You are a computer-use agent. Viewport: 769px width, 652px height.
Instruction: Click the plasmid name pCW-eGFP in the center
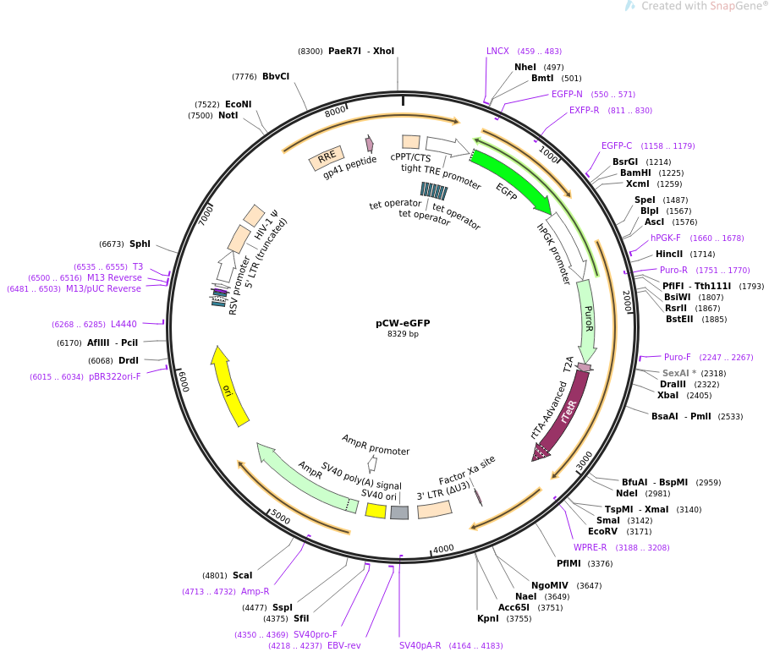(x=403, y=323)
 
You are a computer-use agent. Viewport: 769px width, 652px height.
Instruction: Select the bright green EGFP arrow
(x=513, y=179)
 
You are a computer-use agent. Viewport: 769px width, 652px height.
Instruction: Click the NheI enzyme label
(x=525, y=67)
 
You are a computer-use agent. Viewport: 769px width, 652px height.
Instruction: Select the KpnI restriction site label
(x=488, y=619)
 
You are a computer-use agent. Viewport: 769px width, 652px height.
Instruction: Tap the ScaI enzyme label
(x=243, y=576)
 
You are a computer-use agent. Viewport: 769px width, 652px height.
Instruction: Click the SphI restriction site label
(x=140, y=244)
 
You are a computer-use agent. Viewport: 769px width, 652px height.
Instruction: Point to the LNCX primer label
(x=497, y=52)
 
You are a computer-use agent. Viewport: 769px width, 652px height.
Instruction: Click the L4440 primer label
(x=124, y=324)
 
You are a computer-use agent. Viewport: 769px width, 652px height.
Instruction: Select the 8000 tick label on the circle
(x=336, y=111)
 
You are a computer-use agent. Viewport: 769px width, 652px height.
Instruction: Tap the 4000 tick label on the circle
(x=443, y=548)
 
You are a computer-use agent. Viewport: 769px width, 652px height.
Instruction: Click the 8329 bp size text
(x=403, y=334)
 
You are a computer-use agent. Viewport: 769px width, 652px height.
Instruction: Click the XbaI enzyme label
(x=667, y=395)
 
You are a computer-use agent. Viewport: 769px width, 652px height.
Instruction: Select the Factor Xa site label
(x=466, y=470)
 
